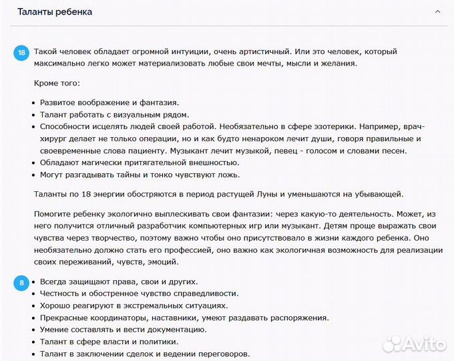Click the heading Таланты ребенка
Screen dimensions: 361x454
(x=55, y=12)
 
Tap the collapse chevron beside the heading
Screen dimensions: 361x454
(x=437, y=12)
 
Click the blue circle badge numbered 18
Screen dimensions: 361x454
(x=22, y=52)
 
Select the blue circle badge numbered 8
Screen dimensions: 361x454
(x=22, y=283)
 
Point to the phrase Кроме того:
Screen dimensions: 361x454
(x=56, y=83)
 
